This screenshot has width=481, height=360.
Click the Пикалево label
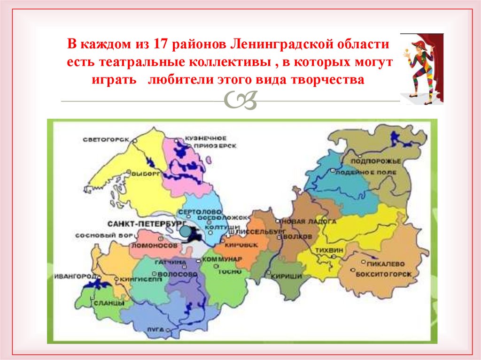[x=387, y=264]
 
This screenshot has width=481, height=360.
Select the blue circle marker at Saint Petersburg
[x=186, y=231]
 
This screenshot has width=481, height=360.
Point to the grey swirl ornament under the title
[x=240, y=101]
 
